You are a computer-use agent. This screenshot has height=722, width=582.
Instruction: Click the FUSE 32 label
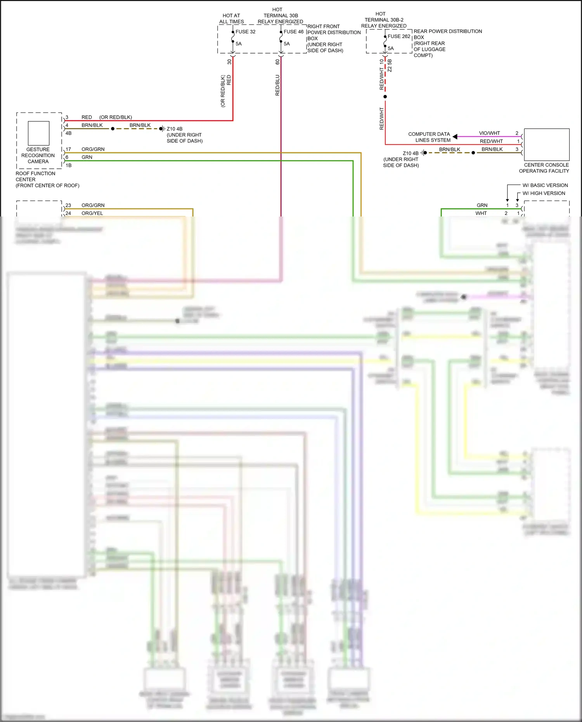click(245, 32)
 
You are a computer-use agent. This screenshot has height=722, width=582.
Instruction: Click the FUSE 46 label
click(293, 32)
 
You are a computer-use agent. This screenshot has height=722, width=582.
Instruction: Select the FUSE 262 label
click(399, 36)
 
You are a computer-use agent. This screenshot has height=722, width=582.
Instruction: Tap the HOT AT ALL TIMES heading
click(232, 19)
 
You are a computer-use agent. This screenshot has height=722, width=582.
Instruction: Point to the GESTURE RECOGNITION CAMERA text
click(38, 155)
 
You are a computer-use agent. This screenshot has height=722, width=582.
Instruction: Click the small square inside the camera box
click(38, 133)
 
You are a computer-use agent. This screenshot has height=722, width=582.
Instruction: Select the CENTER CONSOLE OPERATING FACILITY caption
click(544, 168)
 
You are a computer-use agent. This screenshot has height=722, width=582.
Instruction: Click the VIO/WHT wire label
click(489, 133)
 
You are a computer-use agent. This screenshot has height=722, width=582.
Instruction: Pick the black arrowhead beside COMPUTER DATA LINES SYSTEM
click(455, 137)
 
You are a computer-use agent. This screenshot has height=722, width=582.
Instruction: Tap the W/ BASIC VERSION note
click(545, 185)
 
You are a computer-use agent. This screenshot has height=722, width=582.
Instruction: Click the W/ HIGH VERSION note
click(544, 193)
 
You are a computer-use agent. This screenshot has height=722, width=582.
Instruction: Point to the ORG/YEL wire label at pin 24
click(92, 213)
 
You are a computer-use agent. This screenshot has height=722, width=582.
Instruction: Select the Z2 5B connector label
click(390, 65)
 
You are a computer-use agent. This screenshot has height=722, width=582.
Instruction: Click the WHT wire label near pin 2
click(481, 213)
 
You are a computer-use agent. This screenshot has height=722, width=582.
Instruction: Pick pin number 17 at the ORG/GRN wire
click(68, 149)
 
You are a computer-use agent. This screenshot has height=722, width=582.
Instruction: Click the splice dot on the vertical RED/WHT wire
click(385, 97)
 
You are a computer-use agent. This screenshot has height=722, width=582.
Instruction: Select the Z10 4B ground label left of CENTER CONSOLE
click(411, 153)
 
